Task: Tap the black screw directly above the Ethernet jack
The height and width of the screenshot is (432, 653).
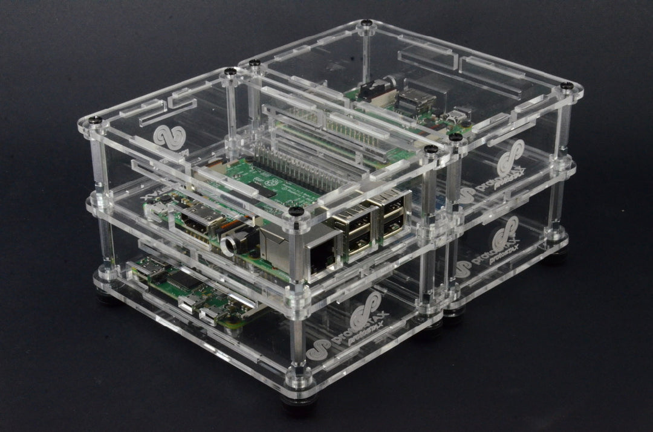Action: tap(296, 211)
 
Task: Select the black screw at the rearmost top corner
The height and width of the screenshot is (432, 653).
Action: tap(366, 24)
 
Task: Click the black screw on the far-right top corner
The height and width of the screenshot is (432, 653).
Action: tap(567, 86)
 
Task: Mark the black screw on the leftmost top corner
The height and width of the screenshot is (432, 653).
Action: tap(96, 120)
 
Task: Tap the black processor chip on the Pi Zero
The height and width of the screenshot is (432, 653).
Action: tap(181, 280)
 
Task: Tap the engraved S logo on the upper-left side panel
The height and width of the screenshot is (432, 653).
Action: tap(169, 137)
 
